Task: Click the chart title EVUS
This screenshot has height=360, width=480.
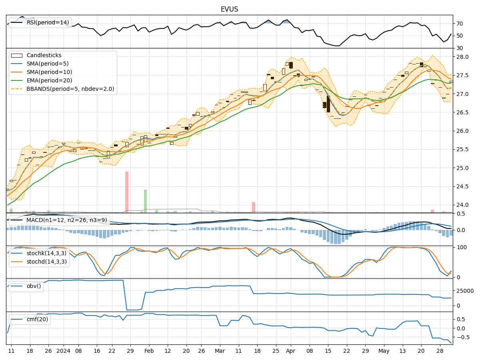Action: click(229, 9)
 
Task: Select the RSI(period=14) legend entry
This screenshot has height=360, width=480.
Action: click(48, 22)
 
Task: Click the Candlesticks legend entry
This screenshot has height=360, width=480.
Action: click(44, 56)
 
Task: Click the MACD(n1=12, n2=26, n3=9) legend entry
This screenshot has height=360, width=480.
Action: click(66, 220)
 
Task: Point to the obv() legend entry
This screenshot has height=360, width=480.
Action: click(34, 286)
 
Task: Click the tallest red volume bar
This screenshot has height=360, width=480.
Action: click(127, 192)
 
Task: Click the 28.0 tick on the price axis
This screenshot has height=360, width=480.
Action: click(463, 57)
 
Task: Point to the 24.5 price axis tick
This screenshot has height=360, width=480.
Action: click(463, 186)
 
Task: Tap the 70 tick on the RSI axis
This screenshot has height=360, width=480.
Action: click(460, 24)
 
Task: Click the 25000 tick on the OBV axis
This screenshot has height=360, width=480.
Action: click(465, 291)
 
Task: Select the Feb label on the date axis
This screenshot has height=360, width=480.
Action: click(149, 351)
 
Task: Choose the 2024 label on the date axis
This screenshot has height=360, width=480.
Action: click(64, 351)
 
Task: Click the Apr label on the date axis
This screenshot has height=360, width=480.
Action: click(290, 351)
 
